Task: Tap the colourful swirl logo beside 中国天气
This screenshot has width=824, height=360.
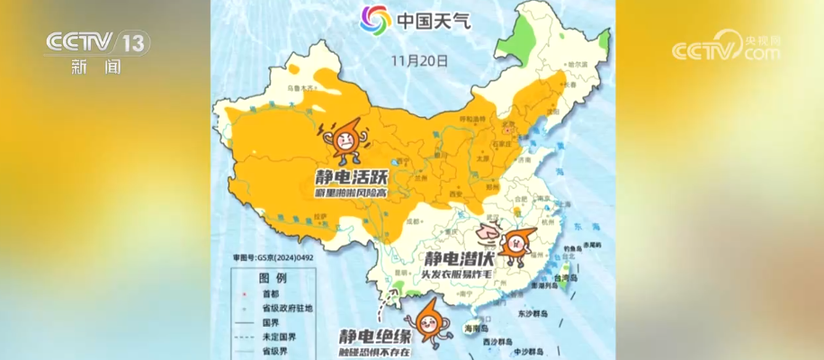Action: (375, 19)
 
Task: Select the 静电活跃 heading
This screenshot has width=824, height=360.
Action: (345, 175)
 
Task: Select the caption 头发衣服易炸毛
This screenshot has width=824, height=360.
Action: (458, 274)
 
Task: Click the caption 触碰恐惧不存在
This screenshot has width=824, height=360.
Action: (372, 352)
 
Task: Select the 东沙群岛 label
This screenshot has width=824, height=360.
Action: (533, 315)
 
